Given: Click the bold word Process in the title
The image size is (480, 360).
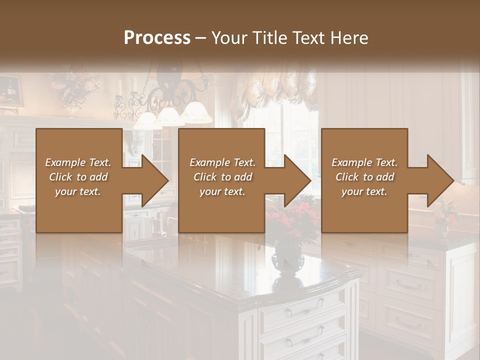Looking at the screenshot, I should (157, 37).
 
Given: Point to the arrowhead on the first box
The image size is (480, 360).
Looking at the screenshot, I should (154, 180).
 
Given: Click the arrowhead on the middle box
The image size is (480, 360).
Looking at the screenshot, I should (297, 180).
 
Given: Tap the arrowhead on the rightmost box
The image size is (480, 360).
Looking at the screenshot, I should (440, 180).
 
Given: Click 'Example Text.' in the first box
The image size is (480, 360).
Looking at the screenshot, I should (78, 162).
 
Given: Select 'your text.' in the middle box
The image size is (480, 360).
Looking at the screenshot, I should (222, 191).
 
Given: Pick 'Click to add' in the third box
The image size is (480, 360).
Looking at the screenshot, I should (364, 177).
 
